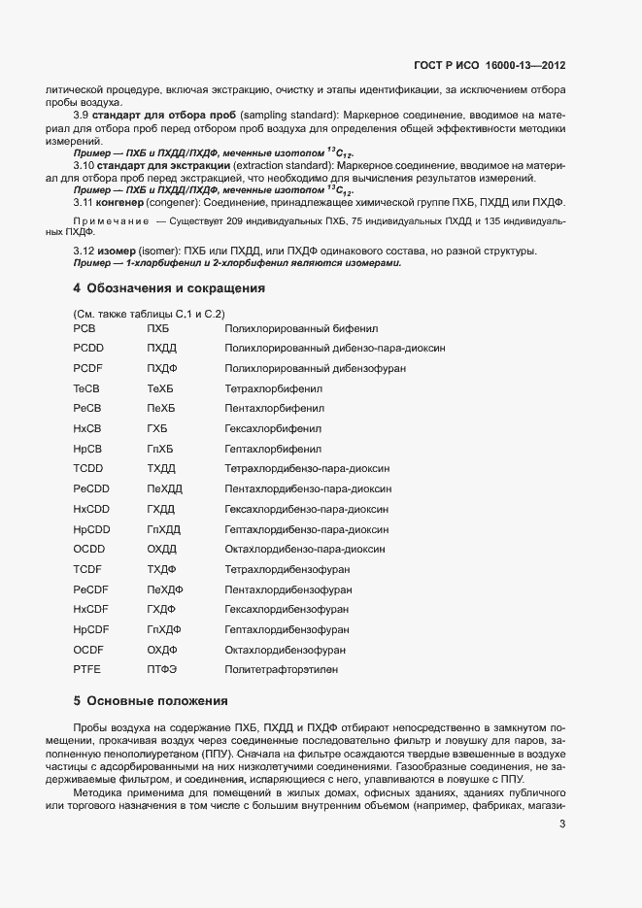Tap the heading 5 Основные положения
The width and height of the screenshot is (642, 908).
point(150,700)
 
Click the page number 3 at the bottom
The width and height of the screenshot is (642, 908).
point(562,825)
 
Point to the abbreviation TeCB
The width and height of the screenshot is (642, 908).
point(86,388)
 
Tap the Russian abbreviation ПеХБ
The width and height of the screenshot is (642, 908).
point(160,409)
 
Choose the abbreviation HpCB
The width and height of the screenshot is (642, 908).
point(86,449)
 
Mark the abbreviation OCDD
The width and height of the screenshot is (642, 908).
point(88,549)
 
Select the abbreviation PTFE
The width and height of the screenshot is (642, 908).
point(86,669)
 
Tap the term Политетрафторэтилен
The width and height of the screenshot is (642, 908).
point(284,669)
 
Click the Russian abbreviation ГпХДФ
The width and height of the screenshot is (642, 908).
point(164,629)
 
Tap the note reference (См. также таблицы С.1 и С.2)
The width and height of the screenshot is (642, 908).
point(149,313)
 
